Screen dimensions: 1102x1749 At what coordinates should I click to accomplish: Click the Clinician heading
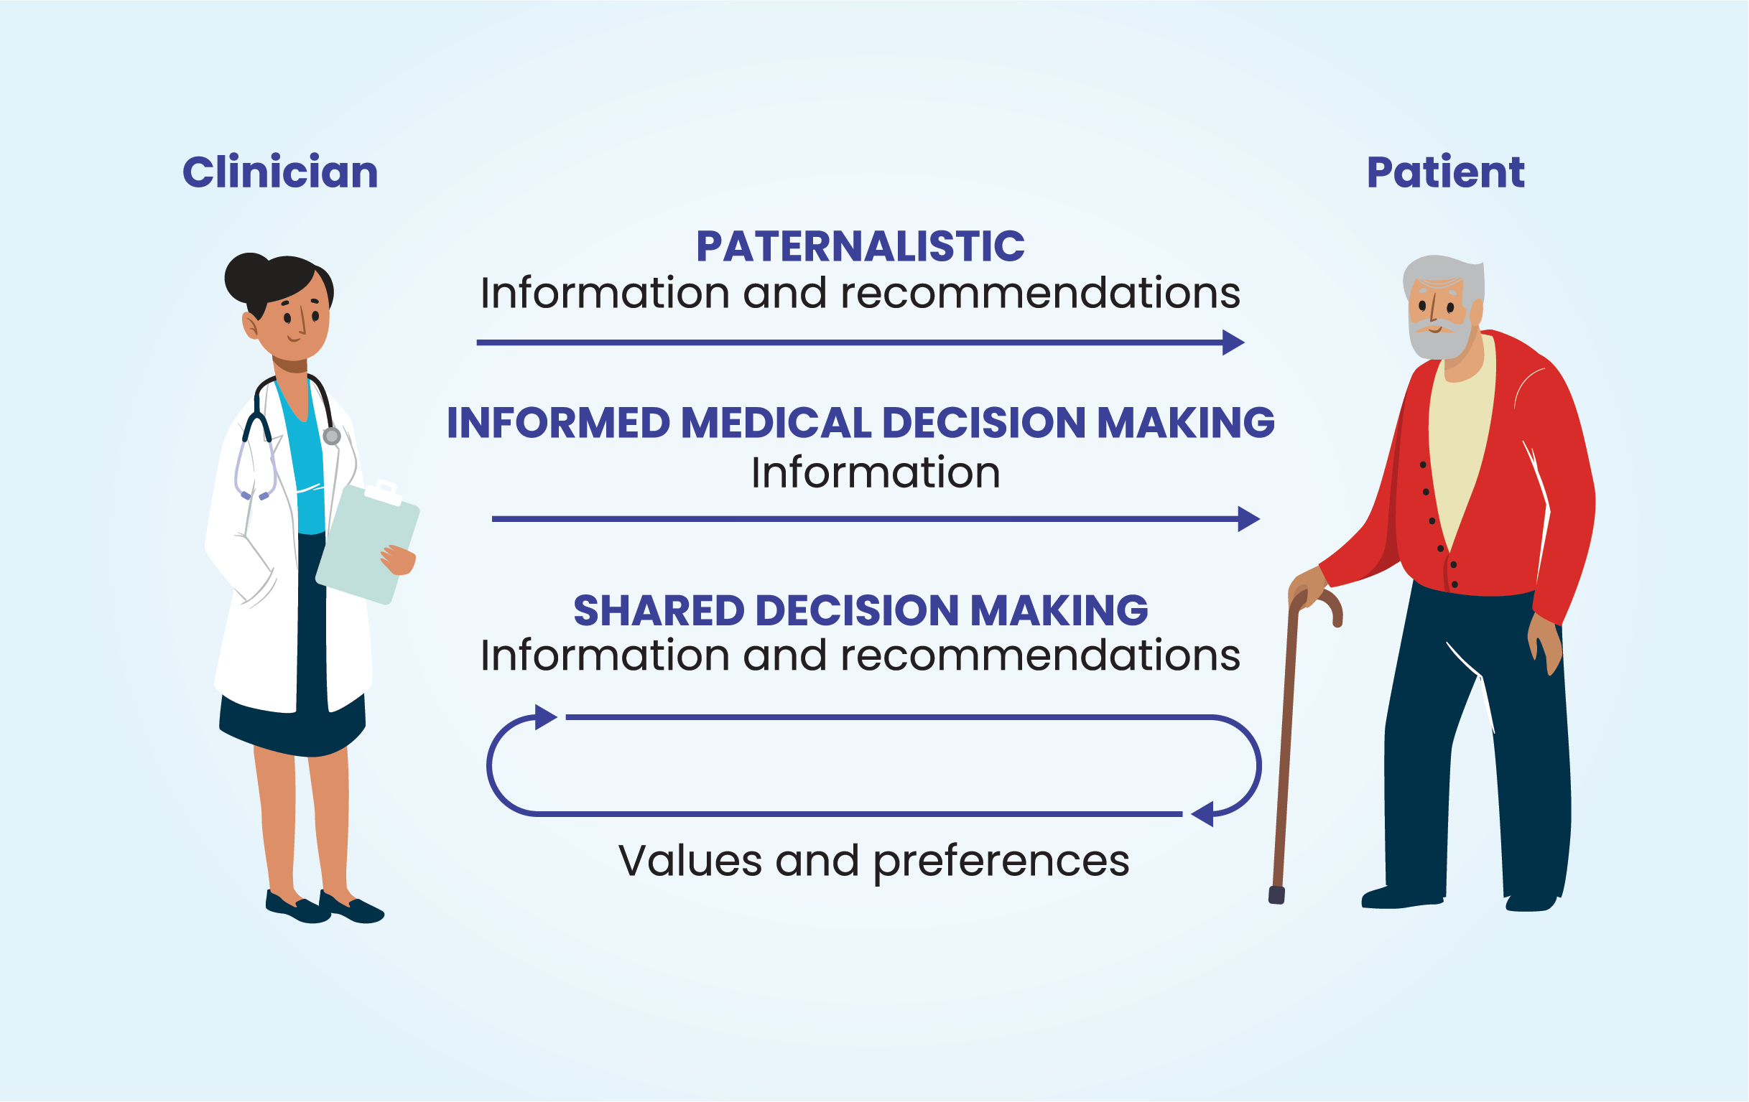[x=279, y=172]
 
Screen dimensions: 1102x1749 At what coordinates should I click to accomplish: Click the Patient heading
[x=1444, y=172]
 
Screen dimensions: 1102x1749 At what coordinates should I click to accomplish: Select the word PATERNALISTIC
[x=860, y=246]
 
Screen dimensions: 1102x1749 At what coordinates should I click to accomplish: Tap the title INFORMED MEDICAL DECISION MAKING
[x=860, y=423]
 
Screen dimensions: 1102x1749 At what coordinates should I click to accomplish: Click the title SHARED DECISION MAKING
[x=860, y=610]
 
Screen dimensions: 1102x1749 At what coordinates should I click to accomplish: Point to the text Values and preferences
[x=873, y=860]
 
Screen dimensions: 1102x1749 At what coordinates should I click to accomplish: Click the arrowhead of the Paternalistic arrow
[x=1233, y=342]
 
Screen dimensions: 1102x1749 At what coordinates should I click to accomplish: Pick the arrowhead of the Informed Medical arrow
[x=1248, y=519]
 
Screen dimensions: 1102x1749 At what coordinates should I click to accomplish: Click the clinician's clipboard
[x=367, y=544]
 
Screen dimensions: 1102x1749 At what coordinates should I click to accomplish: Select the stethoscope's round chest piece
[x=332, y=436]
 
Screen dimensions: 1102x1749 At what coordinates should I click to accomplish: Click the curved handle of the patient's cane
[x=1323, y=602]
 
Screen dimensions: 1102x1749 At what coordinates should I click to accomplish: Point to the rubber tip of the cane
[x=1276, y=895]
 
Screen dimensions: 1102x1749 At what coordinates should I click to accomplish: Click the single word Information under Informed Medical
[x=876, y=472]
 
